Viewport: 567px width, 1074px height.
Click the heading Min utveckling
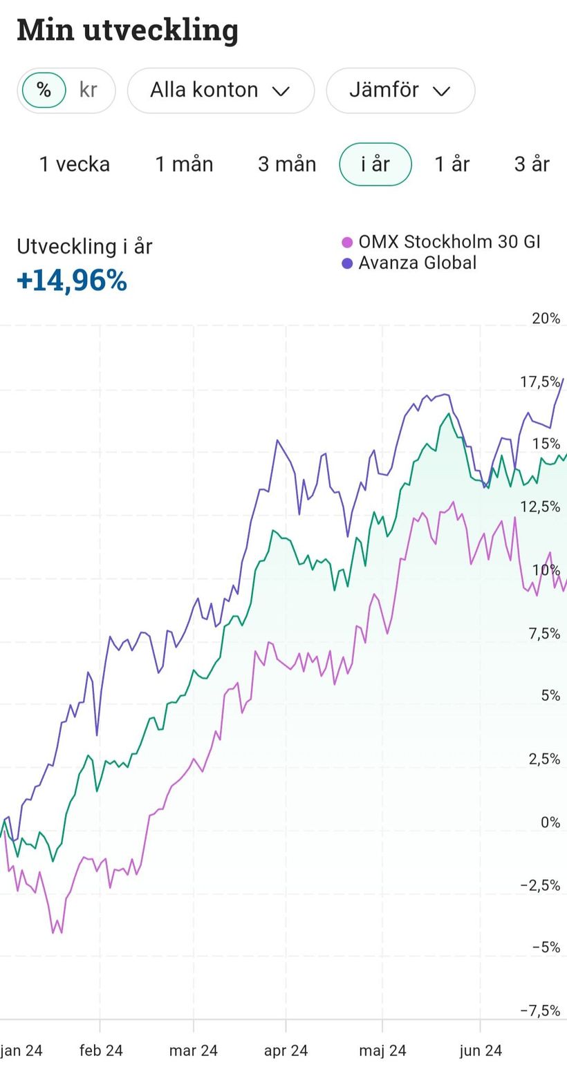[x=127, y=30]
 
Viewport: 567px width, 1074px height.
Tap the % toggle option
[x=44, y=90]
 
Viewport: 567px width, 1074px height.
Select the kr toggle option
[x=89, y=90]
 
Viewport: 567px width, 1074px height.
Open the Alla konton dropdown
[x=220, y=91]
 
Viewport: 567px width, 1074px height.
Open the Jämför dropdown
[x=400, y=91]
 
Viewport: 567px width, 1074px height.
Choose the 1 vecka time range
[x=75, y=164]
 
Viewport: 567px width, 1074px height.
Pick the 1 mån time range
[x=184, y=164]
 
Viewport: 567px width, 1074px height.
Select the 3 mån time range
[x=287, y=164]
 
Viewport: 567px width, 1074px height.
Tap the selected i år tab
[x=375, y=164]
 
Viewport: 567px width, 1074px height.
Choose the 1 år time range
[x=452, y=164]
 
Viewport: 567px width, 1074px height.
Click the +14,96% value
[x=72, y=281]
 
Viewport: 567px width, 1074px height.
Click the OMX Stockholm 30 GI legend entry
[x=448, y=242]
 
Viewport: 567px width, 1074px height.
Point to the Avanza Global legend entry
[x=416, y=263]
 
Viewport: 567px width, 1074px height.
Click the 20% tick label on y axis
[x=546, y=319]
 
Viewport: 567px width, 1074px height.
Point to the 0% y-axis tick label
[x=550, y=822]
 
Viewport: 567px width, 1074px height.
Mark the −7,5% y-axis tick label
[x=541, y=1011]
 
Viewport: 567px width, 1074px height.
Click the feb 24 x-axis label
[x=101, y=1051]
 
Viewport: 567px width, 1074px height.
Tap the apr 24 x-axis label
[x=286, y=1051]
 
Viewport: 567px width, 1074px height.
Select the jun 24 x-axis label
[x=481, y=1051]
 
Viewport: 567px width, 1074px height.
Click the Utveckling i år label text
[x=84, y=247]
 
